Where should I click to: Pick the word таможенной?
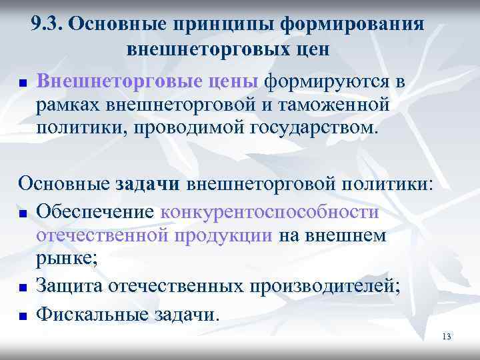[x=339, y=104]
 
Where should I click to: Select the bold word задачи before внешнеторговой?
[x=151, y=184]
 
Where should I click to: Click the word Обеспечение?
[x=97, y=211]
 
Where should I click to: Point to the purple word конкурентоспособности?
[x=270, y=211]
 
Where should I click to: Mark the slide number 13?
[x=446, y=336]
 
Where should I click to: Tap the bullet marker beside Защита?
[x=22, y=288]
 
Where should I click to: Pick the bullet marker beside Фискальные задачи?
[x=22, y=312]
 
